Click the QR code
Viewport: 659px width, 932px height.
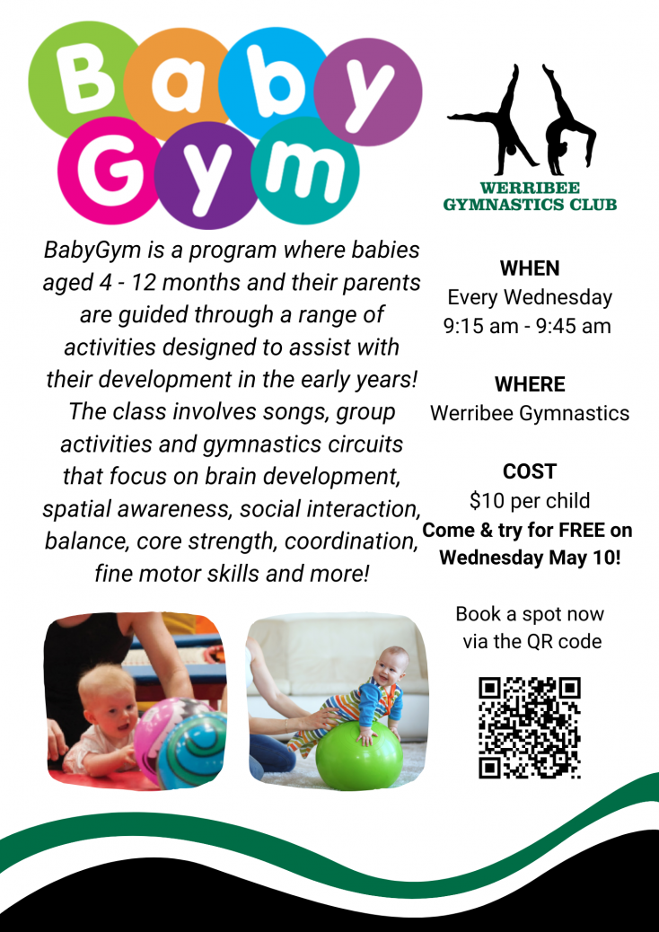530,727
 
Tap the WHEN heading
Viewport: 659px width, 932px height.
530,268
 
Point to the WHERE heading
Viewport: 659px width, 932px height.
530,385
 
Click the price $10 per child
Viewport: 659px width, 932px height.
530,501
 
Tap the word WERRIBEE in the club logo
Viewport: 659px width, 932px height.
530,189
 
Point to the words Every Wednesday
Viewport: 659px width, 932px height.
530,297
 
